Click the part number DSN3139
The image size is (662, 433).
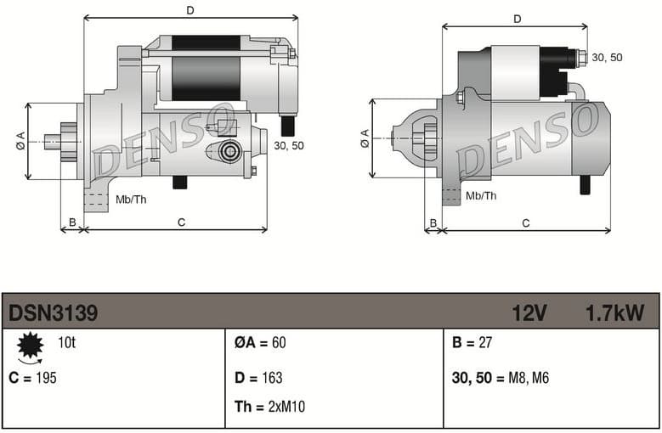click(x=53, y=313)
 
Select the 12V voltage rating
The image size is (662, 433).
click(x=529, y=313)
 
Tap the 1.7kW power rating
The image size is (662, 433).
click(x=614, y=313)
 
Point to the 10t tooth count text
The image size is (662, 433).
click(x=67, y=343)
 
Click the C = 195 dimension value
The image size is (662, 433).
click(x=33, y=378)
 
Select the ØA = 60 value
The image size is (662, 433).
click(x=260, y=343)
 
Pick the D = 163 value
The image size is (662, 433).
click(x=258, y=378)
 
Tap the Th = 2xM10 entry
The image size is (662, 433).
click(x=269, y=407)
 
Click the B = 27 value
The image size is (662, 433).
click(x=473, y=343)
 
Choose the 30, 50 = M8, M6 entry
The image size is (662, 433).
click(x=501, y=378)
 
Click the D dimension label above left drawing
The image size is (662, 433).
click(x=190, y=10)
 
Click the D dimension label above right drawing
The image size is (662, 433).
click(x=517, y=19)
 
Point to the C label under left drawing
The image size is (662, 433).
click(x=181, y=222)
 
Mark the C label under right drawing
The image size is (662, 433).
click(x=526, y=222)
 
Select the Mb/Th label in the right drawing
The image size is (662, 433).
click(x=482, y=195)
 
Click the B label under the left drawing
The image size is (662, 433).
click(x=72, y=222)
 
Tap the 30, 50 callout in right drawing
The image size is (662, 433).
click(x=607, y=57)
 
